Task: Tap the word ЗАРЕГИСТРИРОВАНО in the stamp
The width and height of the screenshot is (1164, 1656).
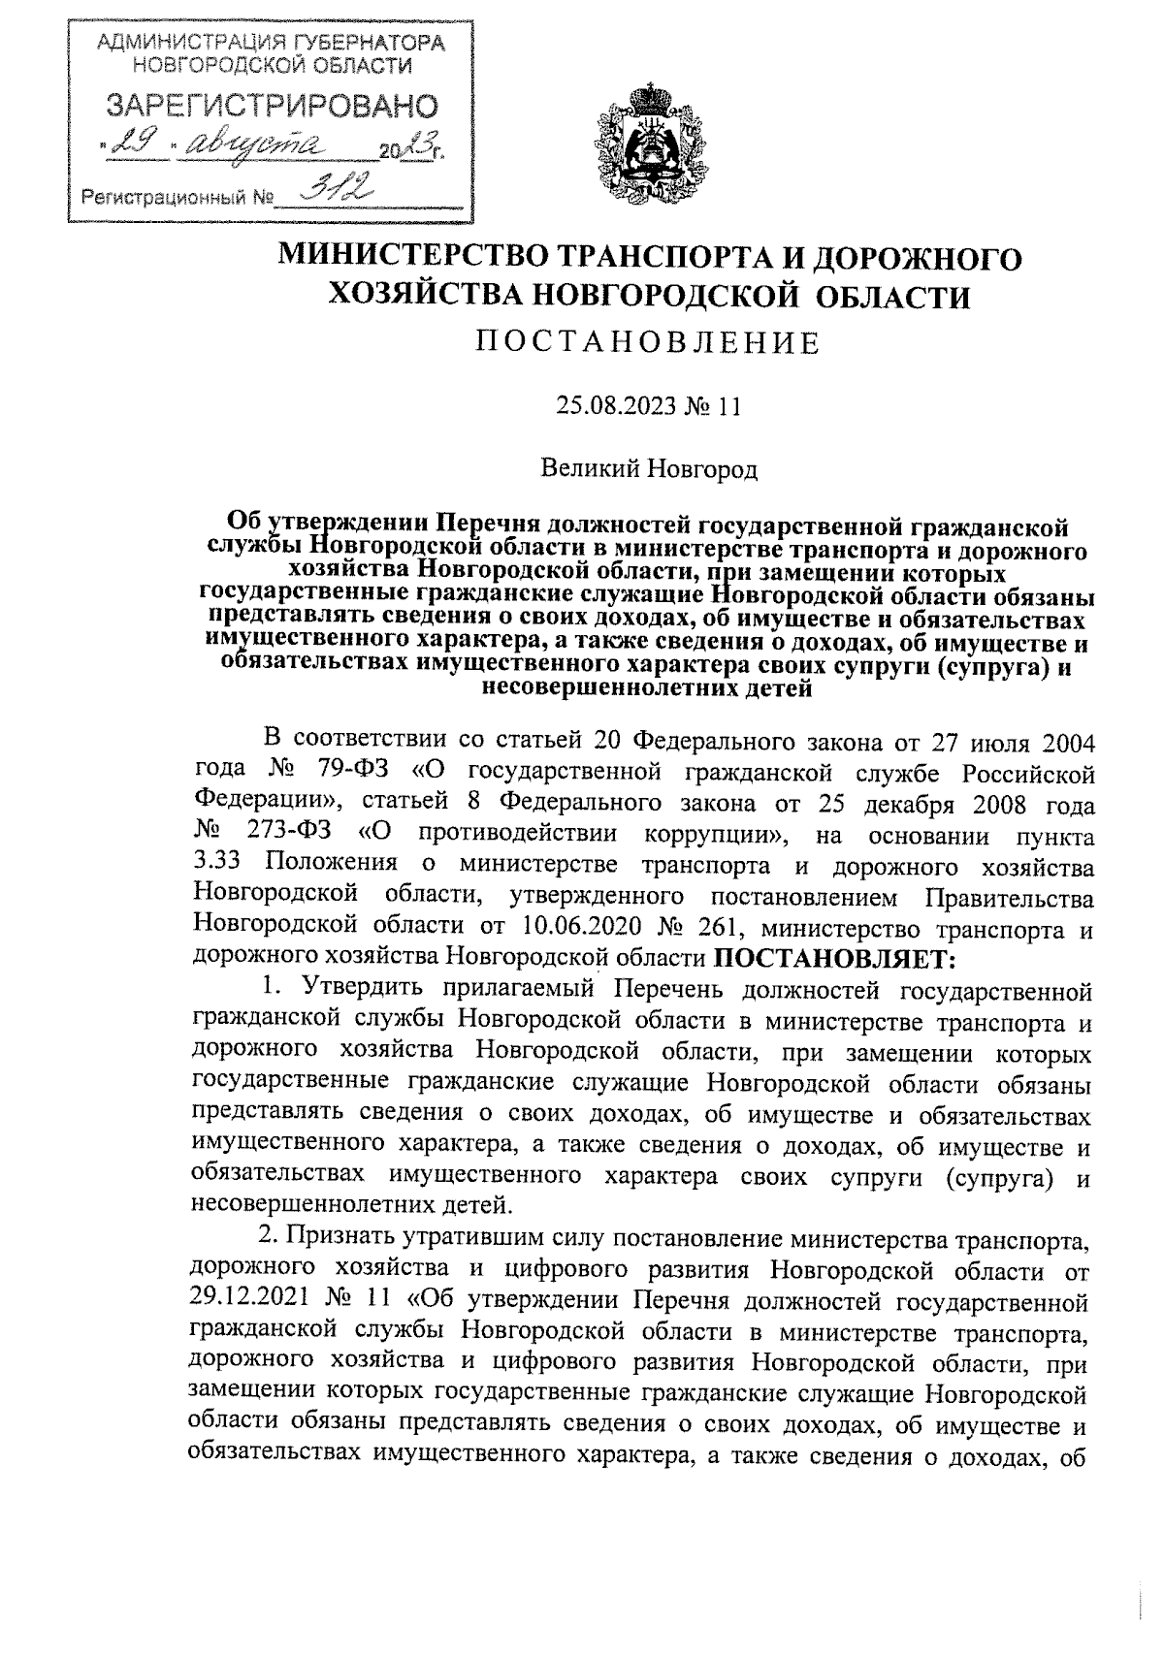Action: tap(271, 106)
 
